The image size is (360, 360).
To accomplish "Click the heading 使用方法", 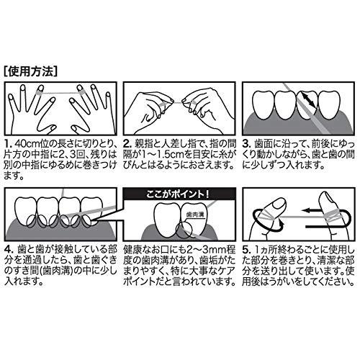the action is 31,71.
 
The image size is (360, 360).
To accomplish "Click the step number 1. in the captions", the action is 8,144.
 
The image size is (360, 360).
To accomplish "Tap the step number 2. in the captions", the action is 127,144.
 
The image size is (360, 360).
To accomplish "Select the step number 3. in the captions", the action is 246,144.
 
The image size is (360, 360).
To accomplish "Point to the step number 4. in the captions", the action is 9,249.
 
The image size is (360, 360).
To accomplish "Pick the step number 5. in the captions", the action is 246,249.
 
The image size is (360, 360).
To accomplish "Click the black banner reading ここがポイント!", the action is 179,194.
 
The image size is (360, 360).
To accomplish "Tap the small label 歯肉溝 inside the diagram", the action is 195,215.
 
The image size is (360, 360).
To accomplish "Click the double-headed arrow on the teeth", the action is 309,100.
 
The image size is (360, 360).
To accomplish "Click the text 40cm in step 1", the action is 25,144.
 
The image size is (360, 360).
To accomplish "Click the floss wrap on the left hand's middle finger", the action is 39,92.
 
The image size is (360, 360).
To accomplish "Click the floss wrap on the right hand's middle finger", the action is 81,93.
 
